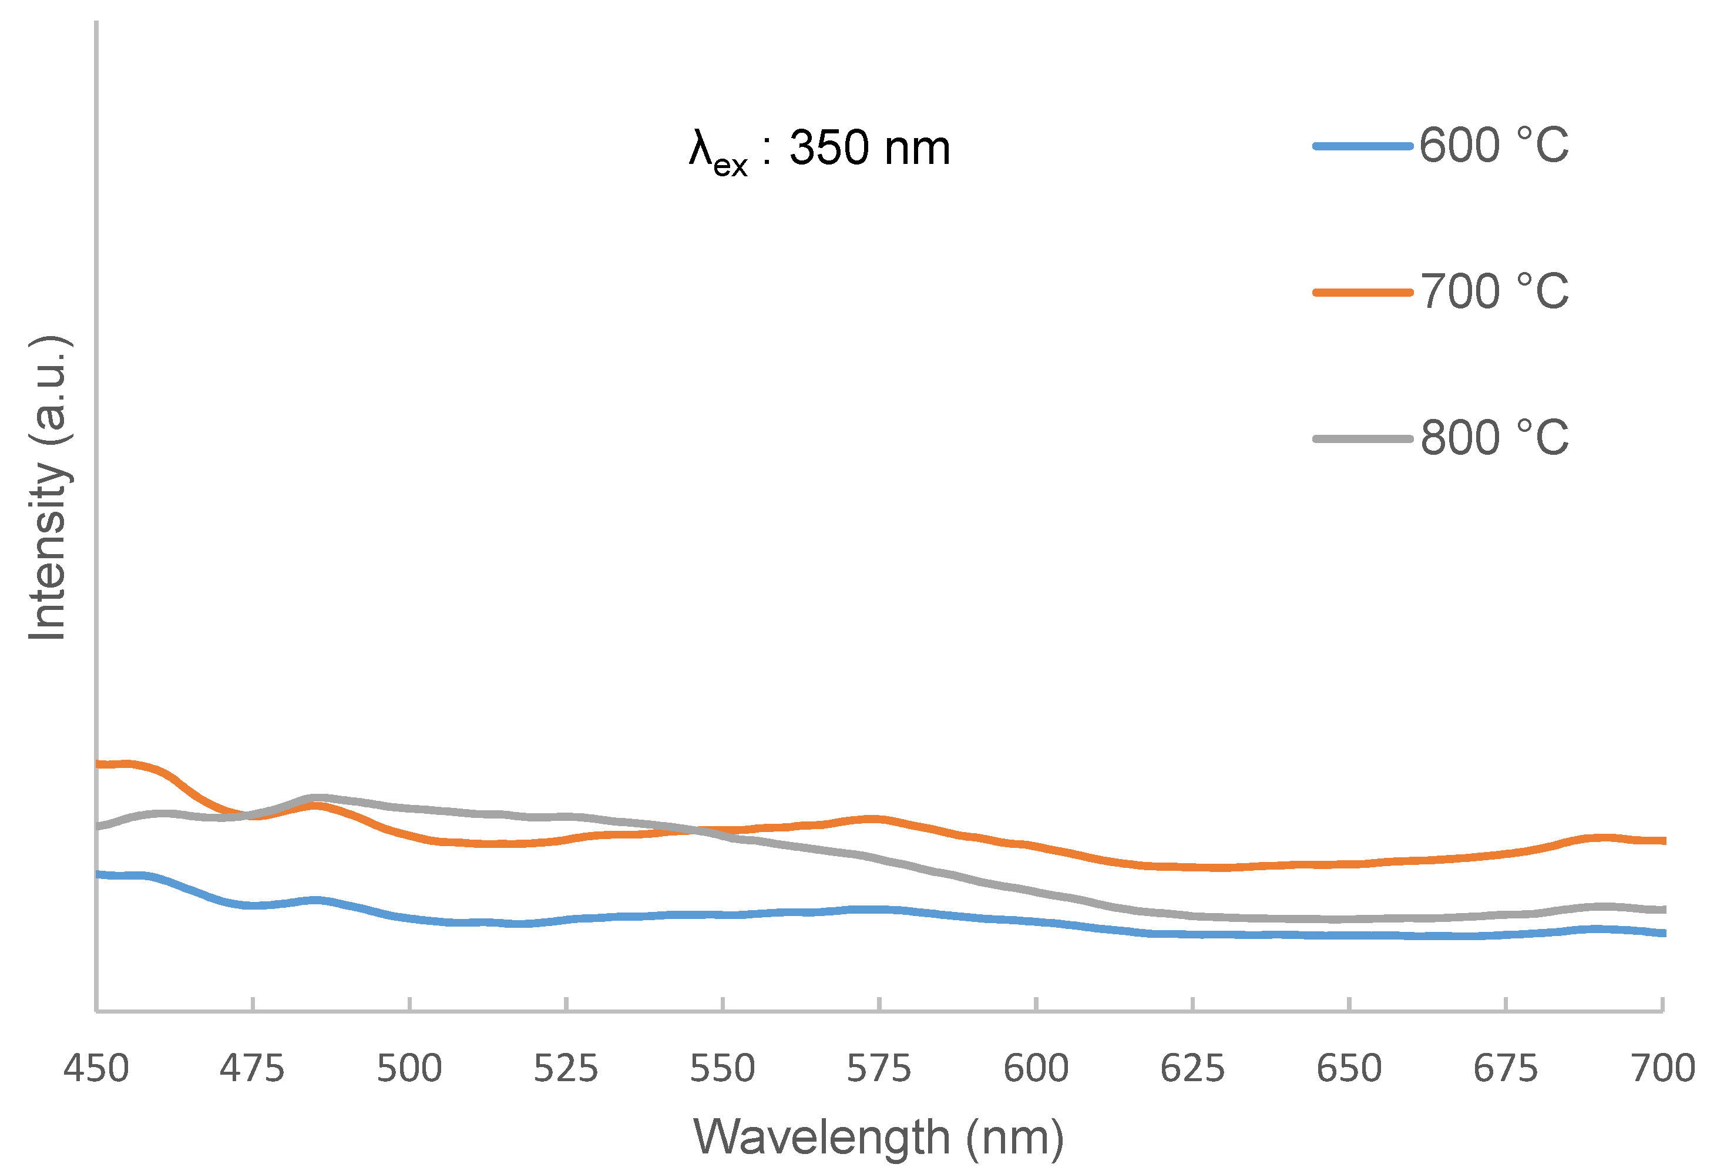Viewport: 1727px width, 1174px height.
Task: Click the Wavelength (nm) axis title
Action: [x=878, y=1138]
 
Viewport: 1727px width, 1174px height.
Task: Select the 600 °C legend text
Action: [x=1494, y=145]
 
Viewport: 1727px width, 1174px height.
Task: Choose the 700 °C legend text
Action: [x=1494, y=291]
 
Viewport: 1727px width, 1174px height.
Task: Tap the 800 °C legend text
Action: [x=1494, y=438]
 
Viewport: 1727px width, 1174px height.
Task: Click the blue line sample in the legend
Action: [x=1362, y=146]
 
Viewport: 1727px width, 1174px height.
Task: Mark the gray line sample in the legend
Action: [x=1362, y=440]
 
